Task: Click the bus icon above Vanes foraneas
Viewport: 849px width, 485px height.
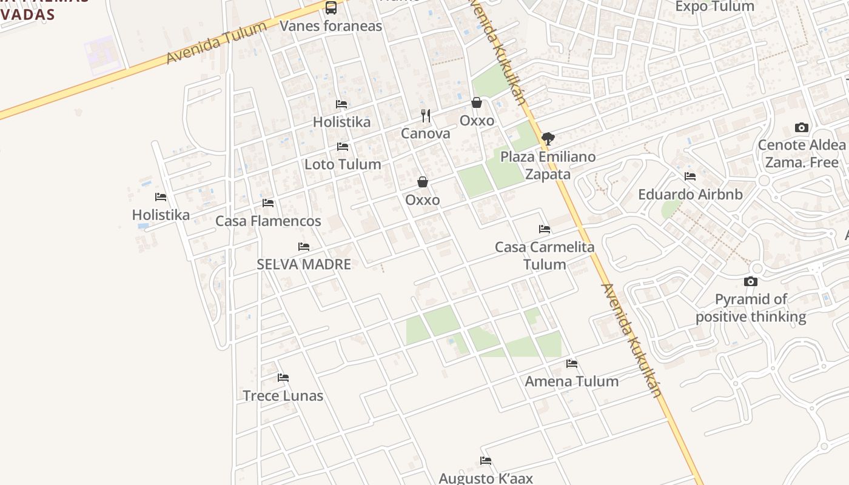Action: (331, 8)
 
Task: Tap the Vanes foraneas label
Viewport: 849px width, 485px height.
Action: (331, 25)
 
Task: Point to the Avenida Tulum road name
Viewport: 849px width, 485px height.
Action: (216, 42)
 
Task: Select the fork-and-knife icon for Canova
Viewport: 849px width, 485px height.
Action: (426, 115)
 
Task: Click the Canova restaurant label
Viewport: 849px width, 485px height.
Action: (426, 133)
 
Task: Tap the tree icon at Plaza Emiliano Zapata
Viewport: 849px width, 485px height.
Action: (548, 139)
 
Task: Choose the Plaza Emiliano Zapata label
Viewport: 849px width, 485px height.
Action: (548, 166)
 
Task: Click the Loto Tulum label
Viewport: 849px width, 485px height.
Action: (343, 164)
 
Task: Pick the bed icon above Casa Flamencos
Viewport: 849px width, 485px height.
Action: (268, 203)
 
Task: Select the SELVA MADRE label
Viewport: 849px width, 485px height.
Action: (304, 264)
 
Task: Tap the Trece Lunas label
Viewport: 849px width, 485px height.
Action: (283, 396)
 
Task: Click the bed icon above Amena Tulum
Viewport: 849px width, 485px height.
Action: (572, 364)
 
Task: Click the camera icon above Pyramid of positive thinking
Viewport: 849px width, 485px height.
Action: (751, 281)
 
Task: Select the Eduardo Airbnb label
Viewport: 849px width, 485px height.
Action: (690, 195)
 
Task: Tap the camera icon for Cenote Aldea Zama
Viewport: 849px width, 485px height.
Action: (802, 127)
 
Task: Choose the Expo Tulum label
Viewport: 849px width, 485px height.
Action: (714, 7)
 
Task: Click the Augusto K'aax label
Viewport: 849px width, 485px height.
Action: (486, 478)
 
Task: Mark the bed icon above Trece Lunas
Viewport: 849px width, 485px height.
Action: (283, 378)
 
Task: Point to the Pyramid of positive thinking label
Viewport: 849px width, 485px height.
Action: (751, 308)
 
